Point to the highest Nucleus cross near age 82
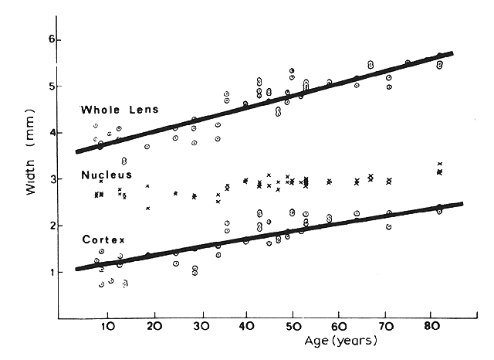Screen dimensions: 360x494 click(x=439, y=164)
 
